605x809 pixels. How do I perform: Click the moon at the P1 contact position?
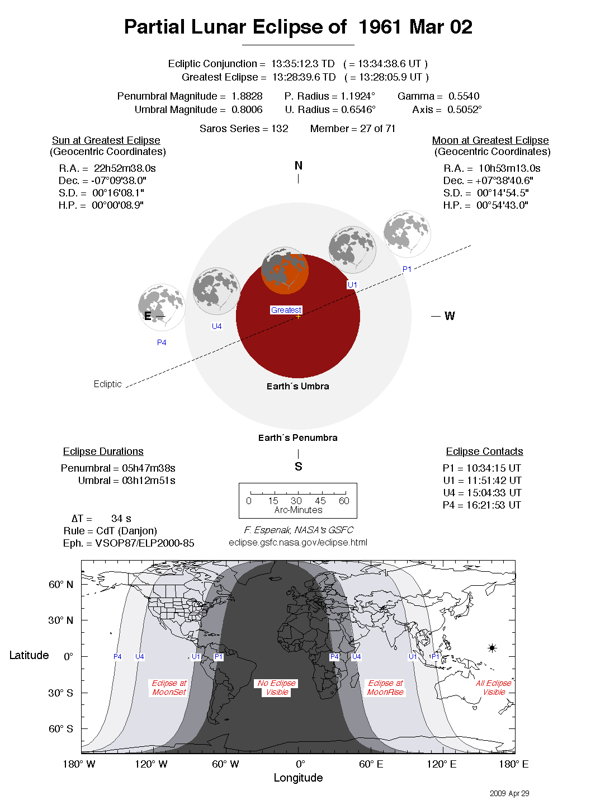point(407,234)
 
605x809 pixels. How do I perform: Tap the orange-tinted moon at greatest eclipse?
point(285,271)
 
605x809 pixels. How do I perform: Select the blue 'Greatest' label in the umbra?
point(286,310)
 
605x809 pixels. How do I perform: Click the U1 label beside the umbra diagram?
point(352,285)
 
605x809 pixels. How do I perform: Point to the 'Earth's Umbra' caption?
point(297,386)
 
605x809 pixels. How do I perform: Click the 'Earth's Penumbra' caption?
point(297,438)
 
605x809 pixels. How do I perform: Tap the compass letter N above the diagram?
point(298,166)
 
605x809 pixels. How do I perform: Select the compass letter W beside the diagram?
point(450,316)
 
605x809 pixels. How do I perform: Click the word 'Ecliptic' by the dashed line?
point(107,384)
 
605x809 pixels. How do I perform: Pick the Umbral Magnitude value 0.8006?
point(247,110)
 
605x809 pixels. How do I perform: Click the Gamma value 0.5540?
point(464,96)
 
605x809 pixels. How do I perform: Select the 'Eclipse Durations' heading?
point(103,451)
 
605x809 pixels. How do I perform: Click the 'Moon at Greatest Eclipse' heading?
point(490,140)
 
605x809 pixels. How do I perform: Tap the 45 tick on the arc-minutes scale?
point(320,501)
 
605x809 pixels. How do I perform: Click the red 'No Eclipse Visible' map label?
point(277,688)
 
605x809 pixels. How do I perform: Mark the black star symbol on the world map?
point(492,648)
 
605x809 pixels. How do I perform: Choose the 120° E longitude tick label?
point(441,764)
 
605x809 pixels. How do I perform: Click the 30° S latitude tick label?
point(60,693)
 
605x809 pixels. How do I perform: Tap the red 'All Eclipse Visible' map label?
point(494,688)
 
